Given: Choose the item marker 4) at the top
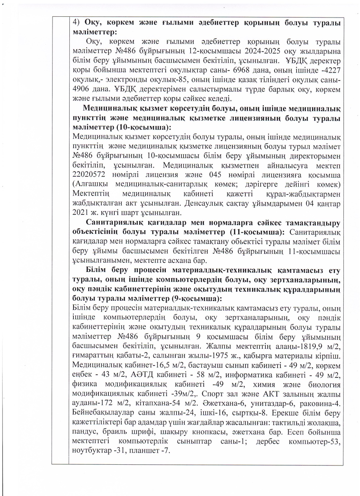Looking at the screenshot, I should click(76, 22).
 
